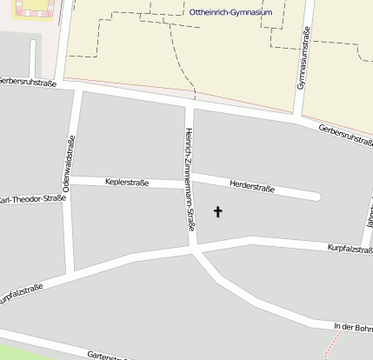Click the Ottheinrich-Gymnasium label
tap(230, 13)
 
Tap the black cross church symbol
tap(217, 210)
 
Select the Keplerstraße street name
tap(127, 183)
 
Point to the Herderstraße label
tap(252, 186)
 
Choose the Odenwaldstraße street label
tap(67, 163)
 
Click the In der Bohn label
tap(352, 327)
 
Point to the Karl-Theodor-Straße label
tap(32, 199)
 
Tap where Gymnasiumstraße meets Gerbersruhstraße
tap(297, 117)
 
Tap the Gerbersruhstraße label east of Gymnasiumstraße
tap(345, 135)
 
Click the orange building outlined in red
tap(30, 9)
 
